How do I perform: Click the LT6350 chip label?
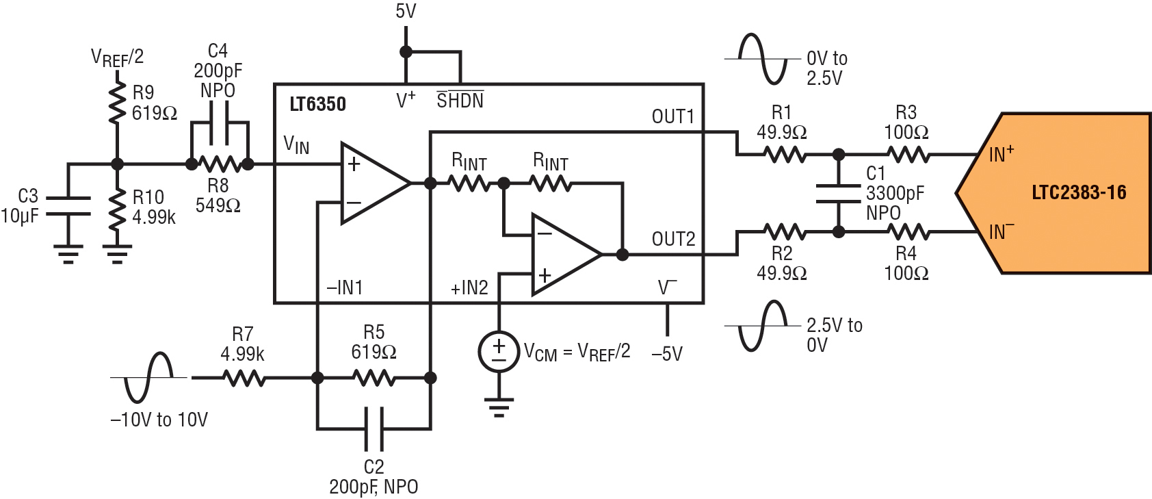317,105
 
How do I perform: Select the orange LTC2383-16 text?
1079,192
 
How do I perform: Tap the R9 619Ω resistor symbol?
117,102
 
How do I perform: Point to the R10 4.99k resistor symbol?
117,207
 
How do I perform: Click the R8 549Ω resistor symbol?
220,164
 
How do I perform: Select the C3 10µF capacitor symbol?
68,206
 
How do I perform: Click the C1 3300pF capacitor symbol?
838,194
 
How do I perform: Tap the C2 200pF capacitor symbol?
374,429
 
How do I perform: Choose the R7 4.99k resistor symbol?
244,379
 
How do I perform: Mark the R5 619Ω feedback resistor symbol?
374,379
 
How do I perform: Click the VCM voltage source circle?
498,351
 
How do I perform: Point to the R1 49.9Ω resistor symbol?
784,154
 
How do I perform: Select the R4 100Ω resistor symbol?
908,233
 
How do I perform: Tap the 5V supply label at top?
406,12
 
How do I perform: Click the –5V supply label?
667,354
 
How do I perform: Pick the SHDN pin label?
460,100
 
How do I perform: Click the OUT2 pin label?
673,239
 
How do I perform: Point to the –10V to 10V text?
159,420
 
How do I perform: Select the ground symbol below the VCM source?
498,408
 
